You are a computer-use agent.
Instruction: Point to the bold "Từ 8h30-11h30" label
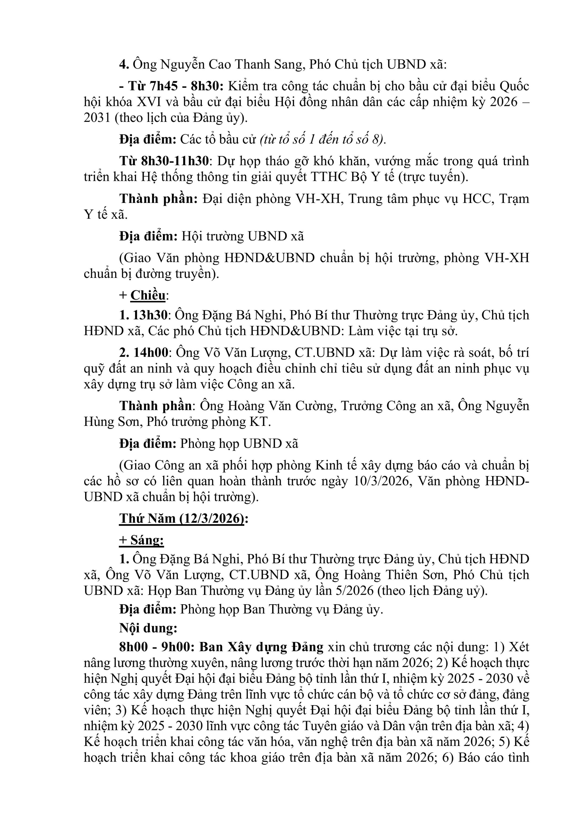(x=164, y=161)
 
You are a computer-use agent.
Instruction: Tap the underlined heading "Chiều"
(x=148, y=295)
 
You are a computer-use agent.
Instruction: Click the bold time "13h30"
(x=150, y=315)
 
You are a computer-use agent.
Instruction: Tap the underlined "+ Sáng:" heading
(x=142, y=540)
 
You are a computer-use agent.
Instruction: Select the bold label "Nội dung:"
(x=148, y=628)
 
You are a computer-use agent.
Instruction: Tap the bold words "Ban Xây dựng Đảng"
(x=262, y=647)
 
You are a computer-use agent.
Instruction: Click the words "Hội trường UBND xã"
(x=242, y=236)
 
